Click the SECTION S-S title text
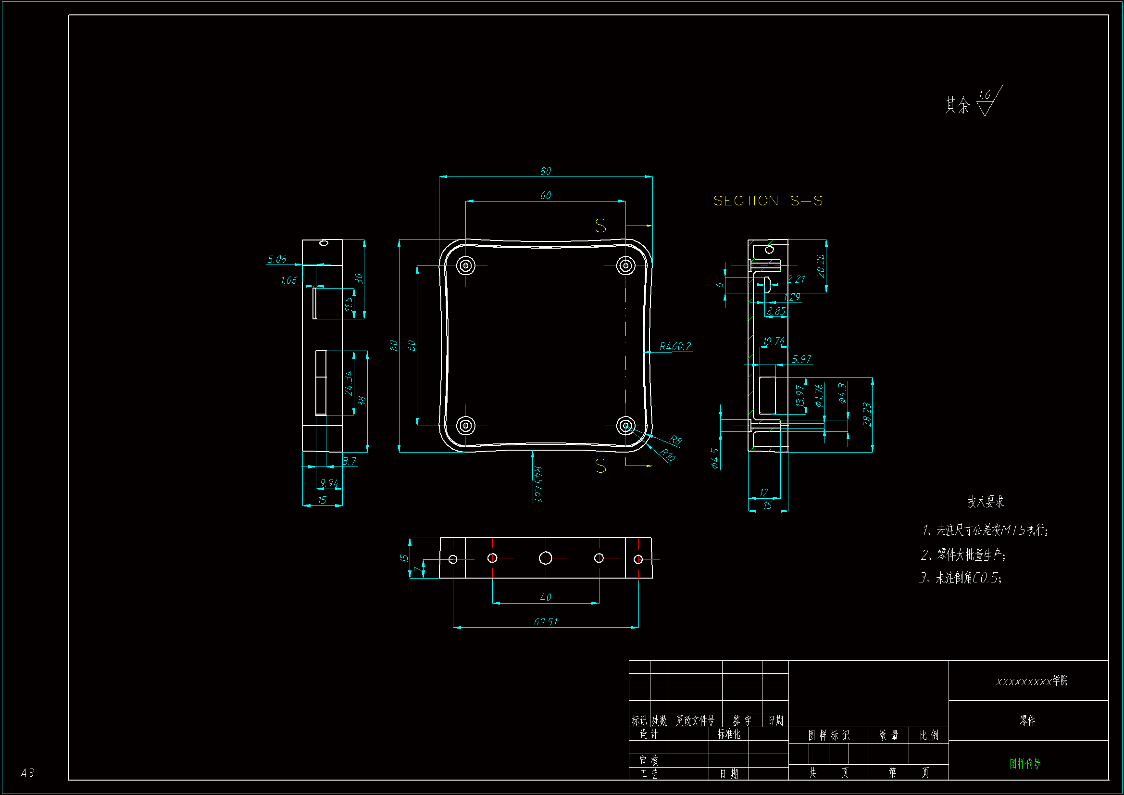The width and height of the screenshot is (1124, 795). pos(768,201)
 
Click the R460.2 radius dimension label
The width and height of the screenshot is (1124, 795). pos(674,347)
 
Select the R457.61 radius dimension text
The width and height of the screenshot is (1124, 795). pos(538,484)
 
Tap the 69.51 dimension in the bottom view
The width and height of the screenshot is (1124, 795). pos(545,621)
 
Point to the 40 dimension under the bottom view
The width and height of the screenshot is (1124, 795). pos(545,598)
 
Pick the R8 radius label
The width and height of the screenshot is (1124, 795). pos(675,440)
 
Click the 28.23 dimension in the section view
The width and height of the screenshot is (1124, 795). pos(866,415)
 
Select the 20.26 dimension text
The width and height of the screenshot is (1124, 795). pos(821,265)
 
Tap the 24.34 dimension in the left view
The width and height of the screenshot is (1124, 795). pos(348,383)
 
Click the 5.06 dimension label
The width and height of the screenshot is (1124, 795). pos(277,259)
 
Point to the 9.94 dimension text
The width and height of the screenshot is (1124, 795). pos(329,483)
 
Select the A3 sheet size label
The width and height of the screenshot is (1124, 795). pos(27,773)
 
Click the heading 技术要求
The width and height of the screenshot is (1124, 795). pos(986,502)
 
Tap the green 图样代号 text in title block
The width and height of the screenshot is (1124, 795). pos(1024,764)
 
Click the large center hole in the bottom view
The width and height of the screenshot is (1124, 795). pos(545,558)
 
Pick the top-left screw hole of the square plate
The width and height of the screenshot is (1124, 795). pos(465,265)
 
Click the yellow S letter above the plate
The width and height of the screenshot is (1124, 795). pos(600,226)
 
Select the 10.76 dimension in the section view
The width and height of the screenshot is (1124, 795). pos(774,341)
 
